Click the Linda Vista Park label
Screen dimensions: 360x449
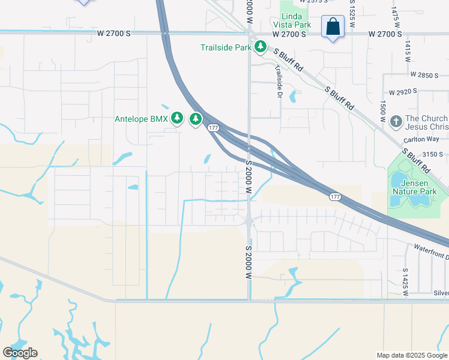click(295, 20)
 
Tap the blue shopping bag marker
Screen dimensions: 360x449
click(333, 28)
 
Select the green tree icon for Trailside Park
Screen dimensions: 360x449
click(260, 47)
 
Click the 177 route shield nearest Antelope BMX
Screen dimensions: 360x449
click(213, 128)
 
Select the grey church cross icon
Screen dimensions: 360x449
click(395, 122)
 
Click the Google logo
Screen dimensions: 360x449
click(20, 353)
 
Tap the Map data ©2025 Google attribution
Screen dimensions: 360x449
click(411, 355)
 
